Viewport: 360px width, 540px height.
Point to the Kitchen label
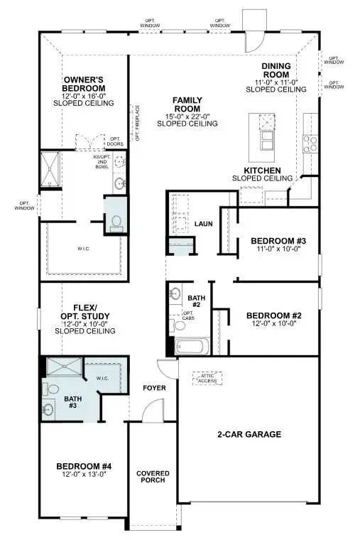tap(262, 171)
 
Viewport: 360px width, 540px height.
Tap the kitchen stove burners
tap(310, 144)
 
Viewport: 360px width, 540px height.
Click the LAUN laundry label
tap(204, 224)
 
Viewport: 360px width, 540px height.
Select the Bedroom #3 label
tap(278, 241)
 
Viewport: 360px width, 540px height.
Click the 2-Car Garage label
tap(249, 433)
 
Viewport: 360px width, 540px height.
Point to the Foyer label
tap(154, 388)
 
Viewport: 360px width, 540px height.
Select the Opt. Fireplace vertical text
tap(137, 121)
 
